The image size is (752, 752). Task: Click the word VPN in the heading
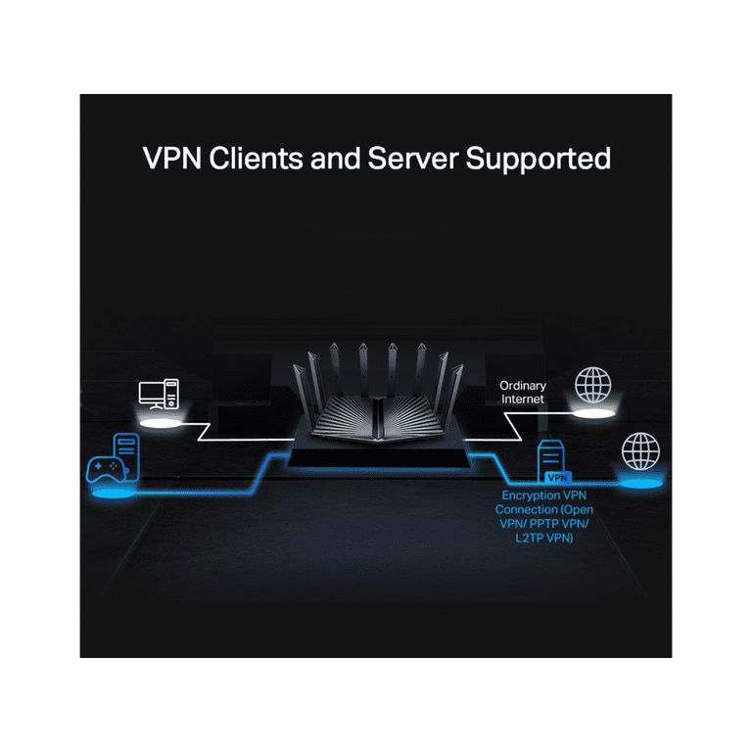pyautogui.click(x=172, y=159)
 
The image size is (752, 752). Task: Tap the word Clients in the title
pyautogui.click(x=257, y=159)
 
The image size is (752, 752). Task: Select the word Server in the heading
pyautogui.click(x=413, y=159)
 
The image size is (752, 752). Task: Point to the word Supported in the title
pyautogui.click(x=539, y=160)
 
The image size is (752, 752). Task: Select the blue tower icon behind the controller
pyautogui.click(x=127, y=455)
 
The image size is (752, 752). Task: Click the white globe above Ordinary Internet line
pyautogui.click(x=593, y=385)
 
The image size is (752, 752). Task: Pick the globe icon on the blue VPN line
pyautogui.click(x=640, y=451)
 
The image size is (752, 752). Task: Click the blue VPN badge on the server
pyautogui.click(x=558, y=478)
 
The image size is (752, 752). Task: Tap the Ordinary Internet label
pyautogui.click(x=523, y=393)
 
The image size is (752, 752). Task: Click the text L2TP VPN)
pyautogui.click(x=544, y=539)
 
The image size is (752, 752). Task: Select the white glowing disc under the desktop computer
pyautogui.click(x=161, y=423)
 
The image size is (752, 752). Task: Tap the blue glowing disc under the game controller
pyautogui.click(x=114, y=493)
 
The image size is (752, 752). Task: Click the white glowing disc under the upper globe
pyautogui.click(x=594, y=413)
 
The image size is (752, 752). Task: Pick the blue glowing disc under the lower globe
pyautogui.click(x=640, y=484)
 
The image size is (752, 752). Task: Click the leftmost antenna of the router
pyautogui.click(x=302, y=399)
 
